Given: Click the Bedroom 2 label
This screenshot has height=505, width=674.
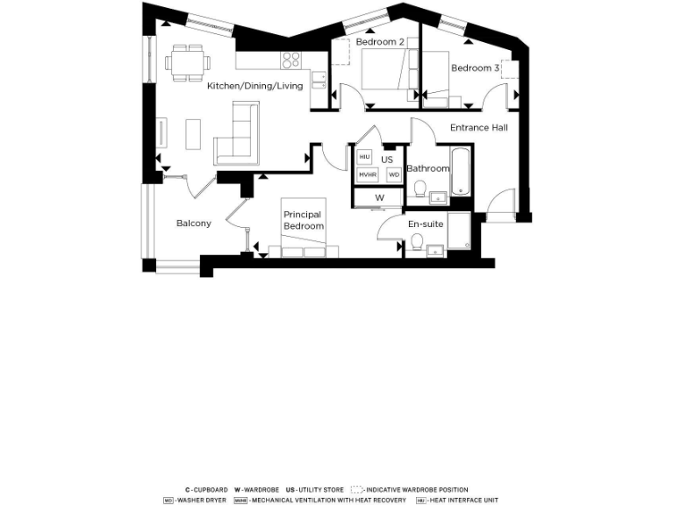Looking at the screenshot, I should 380,42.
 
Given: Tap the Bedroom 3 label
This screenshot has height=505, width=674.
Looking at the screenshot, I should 476,68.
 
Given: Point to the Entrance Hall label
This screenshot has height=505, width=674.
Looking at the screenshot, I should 478,128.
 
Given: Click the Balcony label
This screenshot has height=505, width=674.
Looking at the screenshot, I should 193,224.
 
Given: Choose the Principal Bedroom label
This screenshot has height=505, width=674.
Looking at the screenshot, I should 303,220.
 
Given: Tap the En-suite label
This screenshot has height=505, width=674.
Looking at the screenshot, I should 426,224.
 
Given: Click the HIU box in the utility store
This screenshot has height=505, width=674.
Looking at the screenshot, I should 365,157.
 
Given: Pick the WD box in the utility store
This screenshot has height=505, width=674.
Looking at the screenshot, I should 394,175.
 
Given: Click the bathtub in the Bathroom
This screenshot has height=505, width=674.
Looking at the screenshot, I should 462,171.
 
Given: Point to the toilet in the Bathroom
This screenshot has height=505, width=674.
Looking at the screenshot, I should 421,188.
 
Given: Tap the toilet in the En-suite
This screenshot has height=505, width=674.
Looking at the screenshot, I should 418,241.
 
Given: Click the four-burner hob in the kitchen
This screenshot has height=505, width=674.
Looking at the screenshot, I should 291,60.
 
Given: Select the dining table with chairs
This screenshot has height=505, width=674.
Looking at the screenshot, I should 188,63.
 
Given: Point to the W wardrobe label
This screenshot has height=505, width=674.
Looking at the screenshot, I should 380,198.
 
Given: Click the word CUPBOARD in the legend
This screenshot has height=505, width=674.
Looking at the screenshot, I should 211,490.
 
